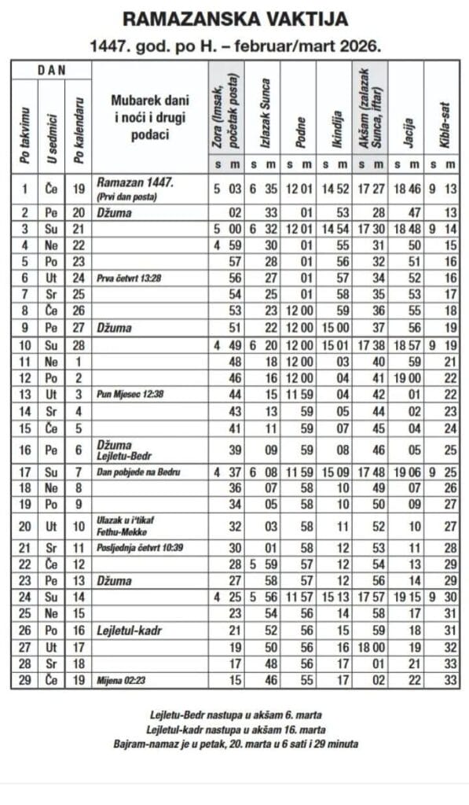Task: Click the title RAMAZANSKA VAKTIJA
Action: point(235,19)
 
